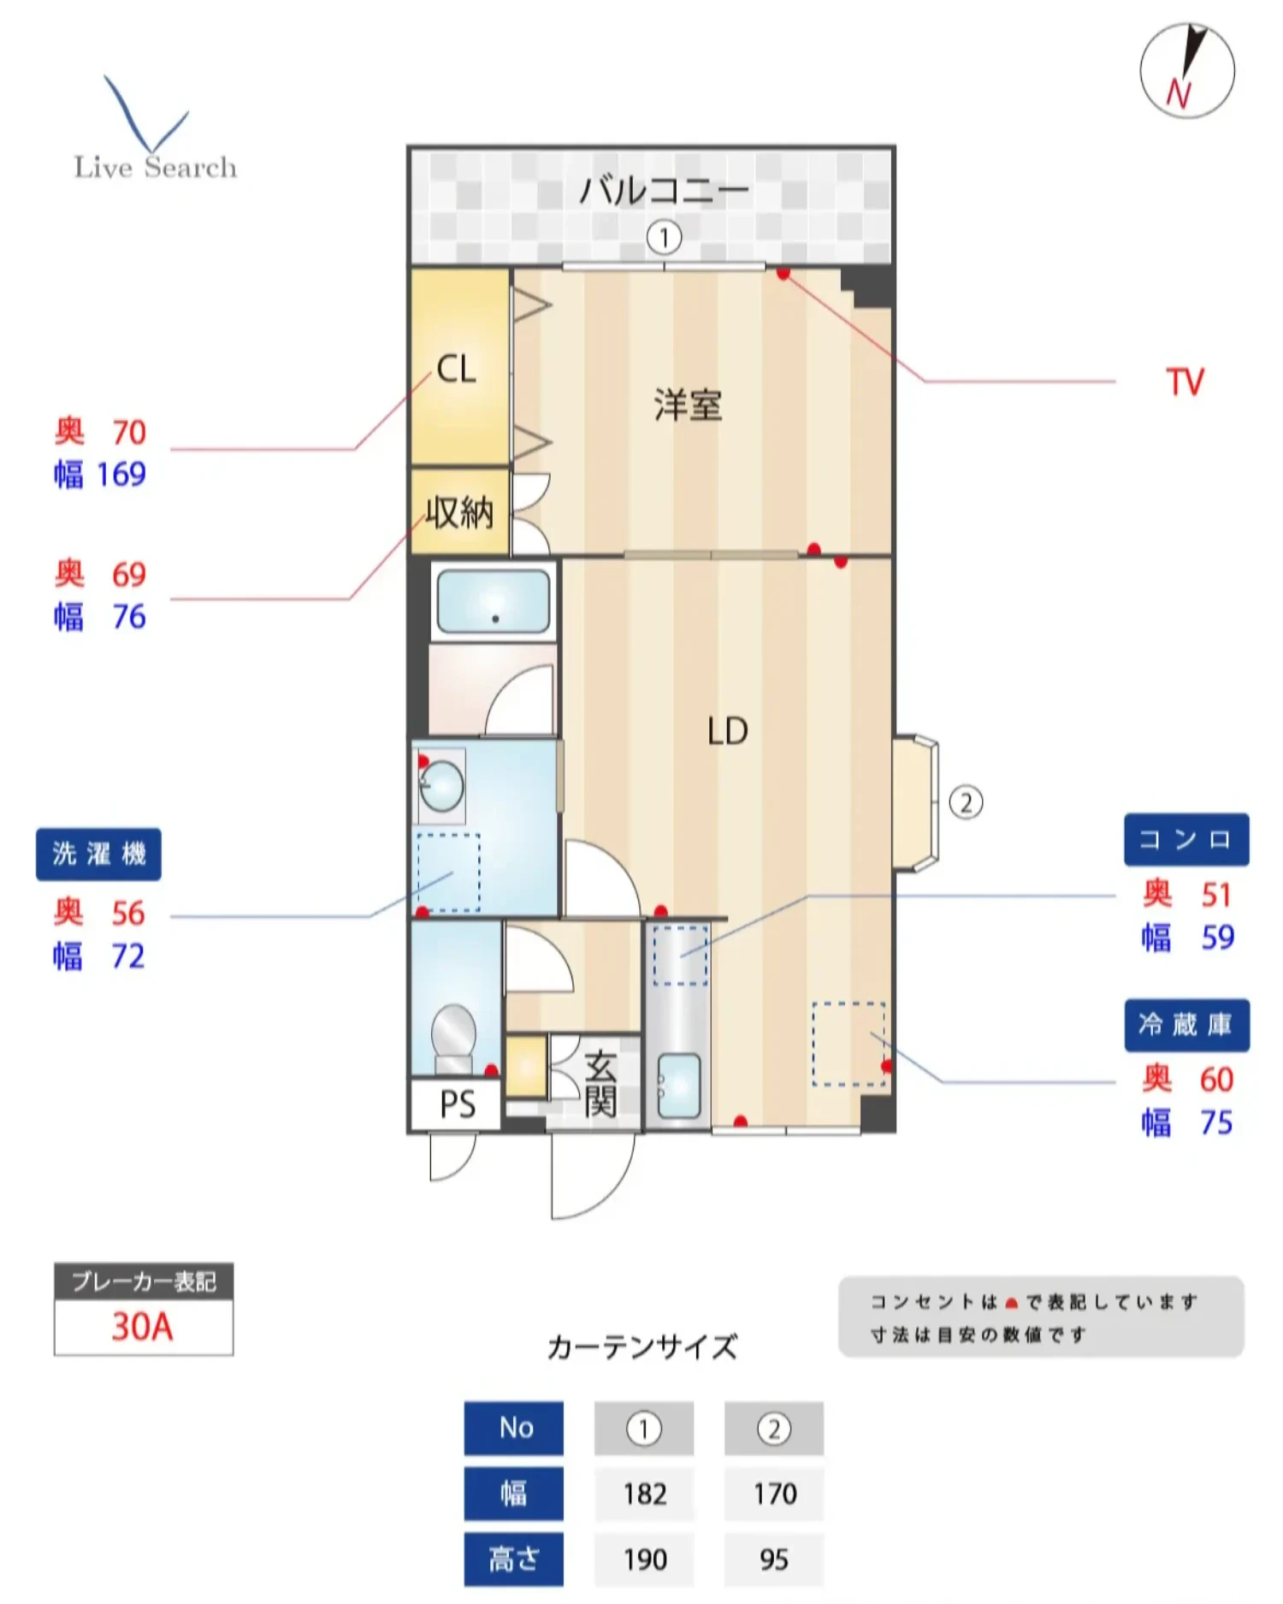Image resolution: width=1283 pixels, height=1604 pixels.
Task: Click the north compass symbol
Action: (x=1186, y=70)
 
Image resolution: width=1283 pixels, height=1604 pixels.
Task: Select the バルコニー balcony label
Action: (x=664, y=190)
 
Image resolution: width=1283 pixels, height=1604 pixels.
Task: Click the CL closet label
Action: (x=456, y=370)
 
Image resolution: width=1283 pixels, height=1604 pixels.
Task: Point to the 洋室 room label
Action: (x=688, y=405)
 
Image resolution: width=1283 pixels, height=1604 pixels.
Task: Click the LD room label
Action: (x=727, y=731)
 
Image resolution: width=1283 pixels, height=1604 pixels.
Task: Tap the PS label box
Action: (x=457, y=1104)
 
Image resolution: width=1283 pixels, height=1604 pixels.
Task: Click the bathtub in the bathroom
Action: (x=493, y=601)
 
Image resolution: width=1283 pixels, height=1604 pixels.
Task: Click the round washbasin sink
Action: (x=442, y=785)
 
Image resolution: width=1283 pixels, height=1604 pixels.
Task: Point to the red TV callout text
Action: (x=1185, y=382)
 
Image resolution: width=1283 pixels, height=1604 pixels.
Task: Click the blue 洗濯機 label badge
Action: (x=98, y=854)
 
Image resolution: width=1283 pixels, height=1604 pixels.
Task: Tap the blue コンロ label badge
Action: (x=1185, y=839)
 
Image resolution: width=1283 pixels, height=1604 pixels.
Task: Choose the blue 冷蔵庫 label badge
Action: (x=1185, y=1025)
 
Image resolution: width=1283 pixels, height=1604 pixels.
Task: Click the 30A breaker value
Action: (x=143, y=1327)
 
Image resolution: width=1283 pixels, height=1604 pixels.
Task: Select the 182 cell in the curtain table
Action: (x=644, y=1494)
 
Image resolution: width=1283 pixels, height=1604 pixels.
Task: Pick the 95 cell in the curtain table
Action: (x=773, y=1559)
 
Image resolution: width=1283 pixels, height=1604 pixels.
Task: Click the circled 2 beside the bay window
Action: (x=966, y=802)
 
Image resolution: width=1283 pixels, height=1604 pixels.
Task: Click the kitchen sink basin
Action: (x=678, y=1086)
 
